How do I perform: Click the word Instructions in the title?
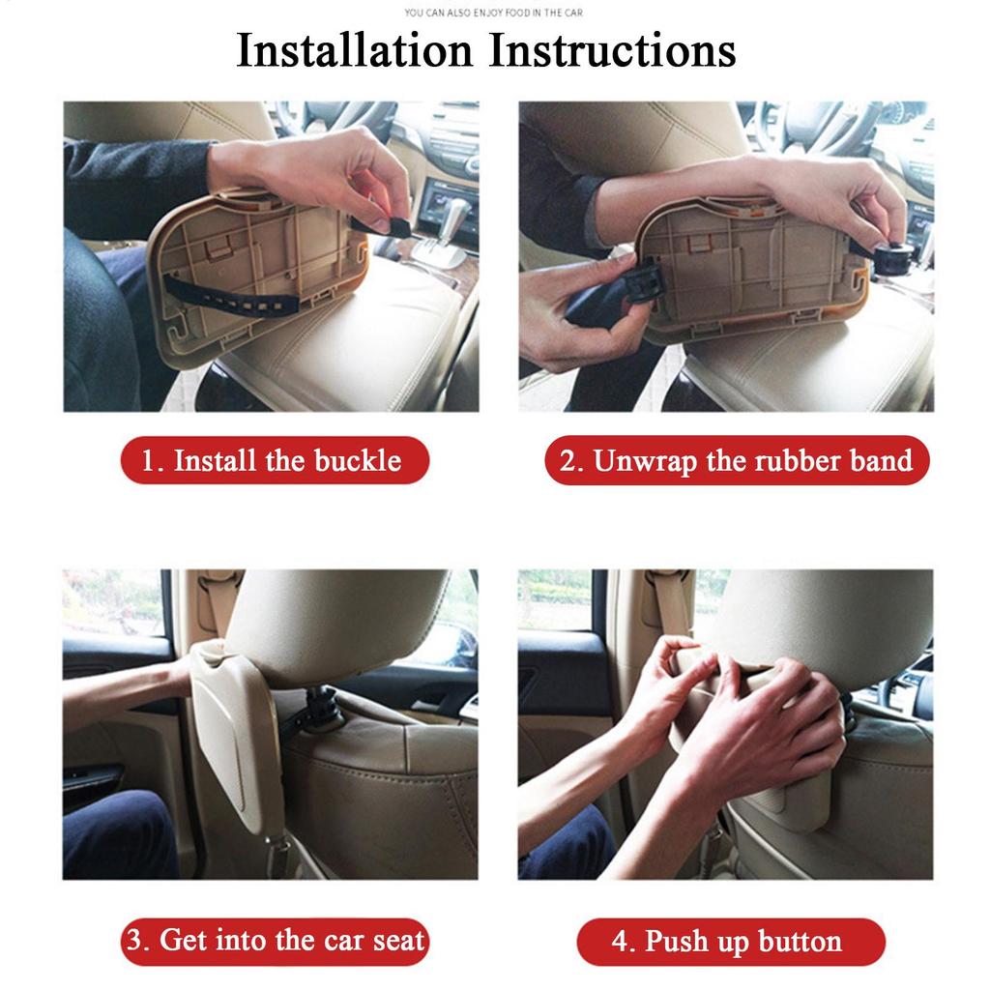tap(612, 50)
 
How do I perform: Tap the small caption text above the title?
tap(493, 14)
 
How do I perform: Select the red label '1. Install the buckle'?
tap(275, 460)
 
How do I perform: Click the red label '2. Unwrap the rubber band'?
tap(737, 460)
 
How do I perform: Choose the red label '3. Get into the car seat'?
tap(275, 941)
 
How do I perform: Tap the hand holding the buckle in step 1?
tap(319, 174)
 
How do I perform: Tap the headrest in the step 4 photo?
tap(822, 619)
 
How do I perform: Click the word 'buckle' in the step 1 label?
tap(357, 460)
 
